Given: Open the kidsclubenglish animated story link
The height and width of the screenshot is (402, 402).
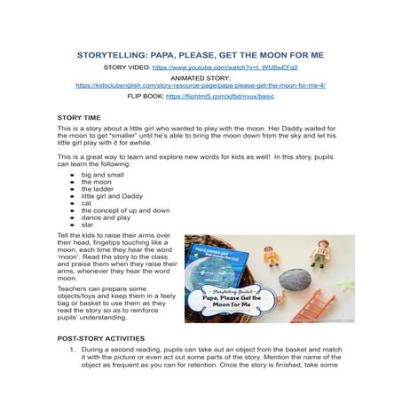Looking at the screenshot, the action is [x=201, y=85].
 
